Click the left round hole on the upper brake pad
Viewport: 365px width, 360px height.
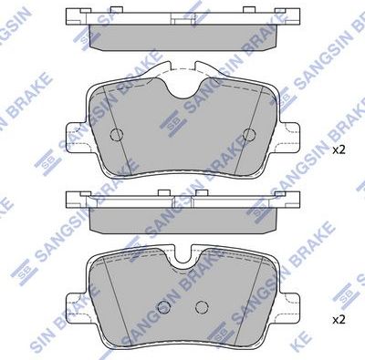[x=116, y=135]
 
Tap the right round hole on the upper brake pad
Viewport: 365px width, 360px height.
[x=246, y=135]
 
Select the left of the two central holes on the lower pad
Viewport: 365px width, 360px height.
[x=164, y=306]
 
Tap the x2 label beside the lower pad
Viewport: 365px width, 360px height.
[x=339, y=319]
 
